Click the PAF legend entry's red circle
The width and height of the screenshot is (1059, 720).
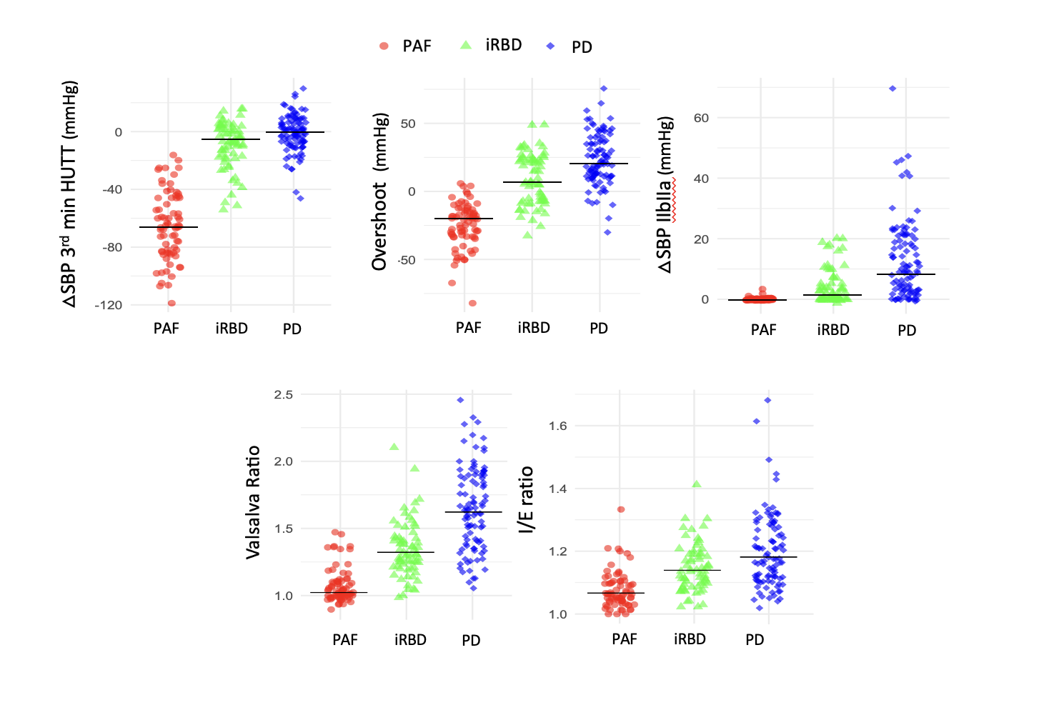[x=384, y=46]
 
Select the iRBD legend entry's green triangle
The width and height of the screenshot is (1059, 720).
[x=466, y=45]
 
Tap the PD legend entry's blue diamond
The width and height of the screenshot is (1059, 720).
[x=550, y=46]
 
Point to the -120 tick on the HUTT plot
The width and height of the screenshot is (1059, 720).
[x=109, y=305]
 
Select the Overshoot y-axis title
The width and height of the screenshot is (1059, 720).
[x=379, y=191]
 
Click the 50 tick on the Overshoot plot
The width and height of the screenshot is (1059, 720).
[x=408, y=124]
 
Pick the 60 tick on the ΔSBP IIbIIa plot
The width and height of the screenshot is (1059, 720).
[x=701, y=118]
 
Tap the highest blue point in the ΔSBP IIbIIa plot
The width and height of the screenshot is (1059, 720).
[x=893, y=89]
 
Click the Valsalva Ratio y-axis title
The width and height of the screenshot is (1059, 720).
[x=253, y=501]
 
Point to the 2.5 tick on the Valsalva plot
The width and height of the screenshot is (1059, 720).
[x=283, y=394]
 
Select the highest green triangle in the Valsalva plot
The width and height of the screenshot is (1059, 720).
[x=394, y=446]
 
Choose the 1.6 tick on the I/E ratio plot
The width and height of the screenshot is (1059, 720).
[x=557, y=426]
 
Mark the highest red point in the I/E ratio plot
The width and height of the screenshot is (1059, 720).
[x=621, y=509]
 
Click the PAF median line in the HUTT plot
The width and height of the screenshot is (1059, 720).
[x=169, y=227]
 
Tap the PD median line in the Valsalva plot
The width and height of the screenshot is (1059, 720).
[x=473, y=512]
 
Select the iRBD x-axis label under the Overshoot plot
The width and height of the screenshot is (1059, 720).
[x=534, y=328]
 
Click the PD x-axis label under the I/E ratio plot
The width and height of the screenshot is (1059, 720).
[x=755, y=640]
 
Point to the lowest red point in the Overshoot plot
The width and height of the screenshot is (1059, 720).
[x=472, y=304]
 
